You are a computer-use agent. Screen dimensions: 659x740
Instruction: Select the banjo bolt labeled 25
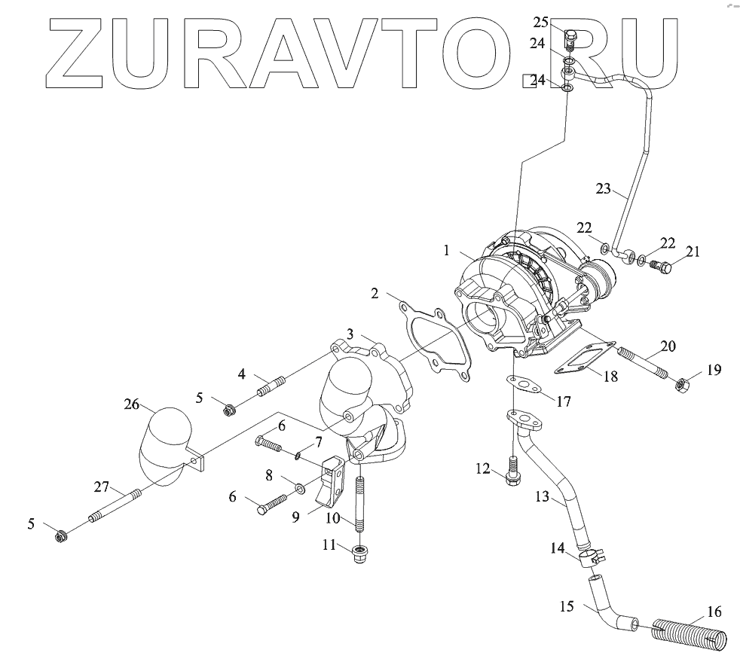(x=570, y=36)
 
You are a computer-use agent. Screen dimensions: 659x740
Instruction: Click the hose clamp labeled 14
(x=592, y=558)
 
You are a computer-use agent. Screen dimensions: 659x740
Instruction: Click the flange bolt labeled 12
(x=513, y=473)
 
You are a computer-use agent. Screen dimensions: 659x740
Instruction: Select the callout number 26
(x=132, y=404)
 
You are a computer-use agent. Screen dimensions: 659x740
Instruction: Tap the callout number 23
(x=603, y=190)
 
